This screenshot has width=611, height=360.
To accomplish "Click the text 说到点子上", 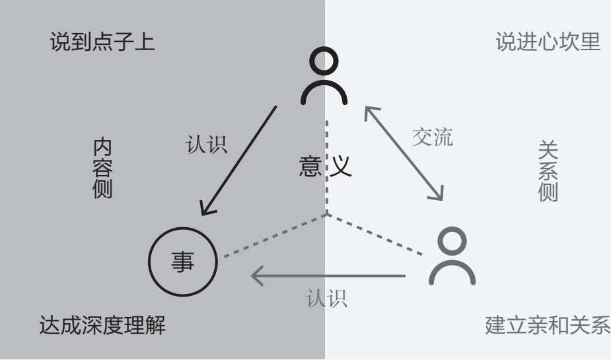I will click(x=102, y=42).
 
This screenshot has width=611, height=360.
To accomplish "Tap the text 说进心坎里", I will click(x=548, y=42).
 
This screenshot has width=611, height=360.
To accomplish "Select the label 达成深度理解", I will click(x=102, y=325).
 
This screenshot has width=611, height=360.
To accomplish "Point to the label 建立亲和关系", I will click(x=547, y=325).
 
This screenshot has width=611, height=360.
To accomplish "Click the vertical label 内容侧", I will click(x=102, y=168).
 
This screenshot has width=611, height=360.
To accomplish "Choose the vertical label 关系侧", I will click(x=548, y=170).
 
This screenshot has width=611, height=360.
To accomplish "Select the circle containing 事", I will click(x=182, y=263).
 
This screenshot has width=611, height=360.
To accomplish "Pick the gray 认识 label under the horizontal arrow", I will click(x=326, y=299).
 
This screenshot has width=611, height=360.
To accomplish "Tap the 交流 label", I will click(x=433, y=137).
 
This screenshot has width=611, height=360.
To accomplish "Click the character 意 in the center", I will click(x=310, y=166).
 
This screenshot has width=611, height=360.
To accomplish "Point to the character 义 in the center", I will click(x=341, y=166).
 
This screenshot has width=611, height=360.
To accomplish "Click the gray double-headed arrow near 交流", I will click(x=404, y=153).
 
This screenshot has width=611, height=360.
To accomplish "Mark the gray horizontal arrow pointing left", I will click(x=327, y=275).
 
